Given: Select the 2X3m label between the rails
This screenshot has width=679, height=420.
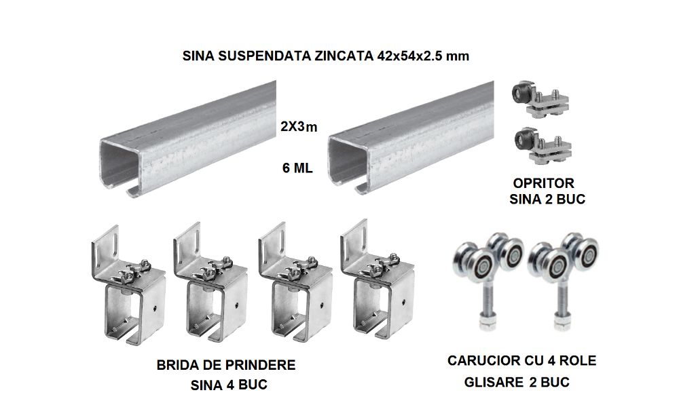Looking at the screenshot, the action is (299, 127).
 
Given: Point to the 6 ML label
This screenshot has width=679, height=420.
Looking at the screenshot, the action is (297, 168).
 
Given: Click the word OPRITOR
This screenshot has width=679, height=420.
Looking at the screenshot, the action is (543, 183).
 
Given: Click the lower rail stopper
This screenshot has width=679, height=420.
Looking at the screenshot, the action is (541, 146).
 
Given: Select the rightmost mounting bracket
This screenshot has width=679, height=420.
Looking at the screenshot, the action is (377, 280).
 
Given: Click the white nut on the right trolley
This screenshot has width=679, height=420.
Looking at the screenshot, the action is (562, 324).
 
